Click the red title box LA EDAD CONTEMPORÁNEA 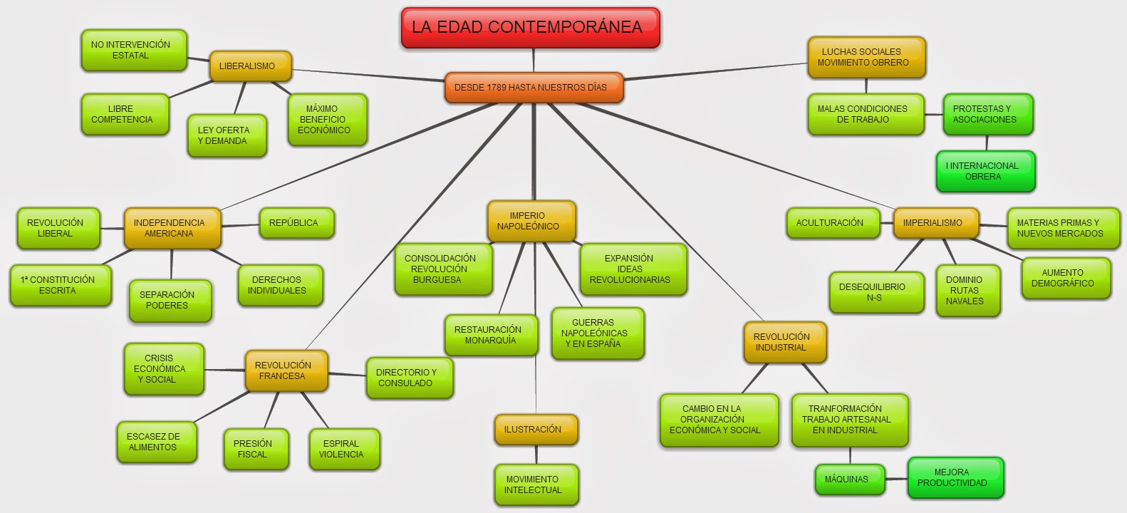pos(530,28)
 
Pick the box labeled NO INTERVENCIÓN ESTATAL pos(133,50)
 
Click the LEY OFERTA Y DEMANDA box pos(227,135)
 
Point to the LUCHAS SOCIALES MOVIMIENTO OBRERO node pos(866,57)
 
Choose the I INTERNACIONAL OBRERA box pos(985,171)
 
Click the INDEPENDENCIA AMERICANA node pos(171,228)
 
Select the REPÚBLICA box pos(296,223)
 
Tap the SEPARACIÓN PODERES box pos(170,300)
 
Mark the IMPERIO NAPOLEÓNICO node pos(531,221)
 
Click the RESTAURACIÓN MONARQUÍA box pos(490,335)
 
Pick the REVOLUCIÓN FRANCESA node pos(285,370)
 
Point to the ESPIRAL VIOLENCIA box pos(343,449)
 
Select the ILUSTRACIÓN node pos(535,430)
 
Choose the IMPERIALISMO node pos(935,223)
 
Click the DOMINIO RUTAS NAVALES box pos(967,290)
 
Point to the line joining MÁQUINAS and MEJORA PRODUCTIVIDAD pos(896,479)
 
